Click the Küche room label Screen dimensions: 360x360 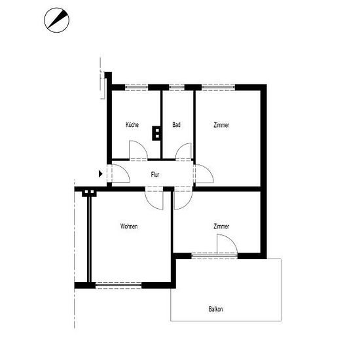click(x=132, y=124)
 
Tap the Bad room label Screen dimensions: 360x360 click(x=176, y=124)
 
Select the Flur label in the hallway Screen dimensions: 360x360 click(x=155, y=175)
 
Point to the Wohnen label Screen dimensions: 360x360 click(x=129, y=226)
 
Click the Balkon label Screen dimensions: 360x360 click(x=215, y=309)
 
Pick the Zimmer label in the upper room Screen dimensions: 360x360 click(x=221, y=125)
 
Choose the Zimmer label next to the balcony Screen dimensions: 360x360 click(x=221, y=226)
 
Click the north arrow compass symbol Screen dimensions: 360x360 click(x=56, y=20)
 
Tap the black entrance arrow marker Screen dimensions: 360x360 click(x=101, y=174)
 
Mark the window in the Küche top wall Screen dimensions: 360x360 click(x=137, y=88)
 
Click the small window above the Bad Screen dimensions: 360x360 click(x=177, y=88)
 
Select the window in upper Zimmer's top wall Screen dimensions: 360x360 click(x=219, y=88)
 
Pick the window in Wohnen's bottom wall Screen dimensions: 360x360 click(x=118, y=285)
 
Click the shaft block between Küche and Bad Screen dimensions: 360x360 click(x=157, y=133)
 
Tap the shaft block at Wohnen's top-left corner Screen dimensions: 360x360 click(x=89, y=193)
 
